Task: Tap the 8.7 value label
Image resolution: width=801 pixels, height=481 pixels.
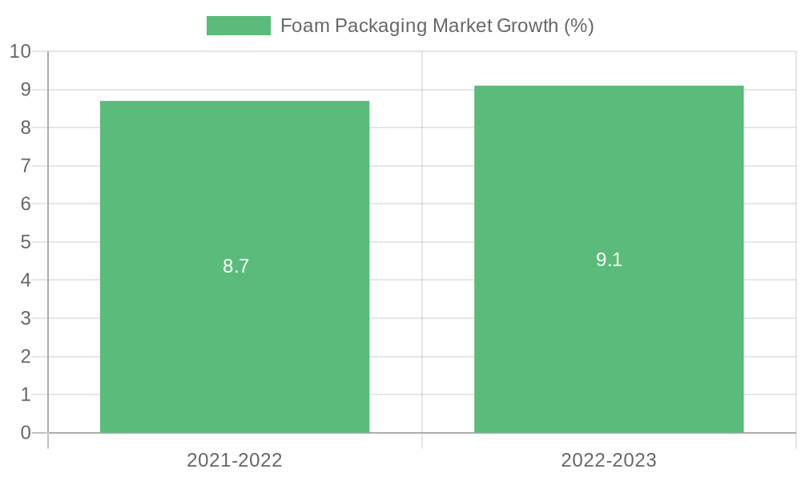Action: pyautogui.click(x=236, y=266)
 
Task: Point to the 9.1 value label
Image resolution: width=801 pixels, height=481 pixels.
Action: pyautogui.click(x=609, y=260)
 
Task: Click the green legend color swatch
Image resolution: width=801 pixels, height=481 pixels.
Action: pyautogui.click(x=238, y=26)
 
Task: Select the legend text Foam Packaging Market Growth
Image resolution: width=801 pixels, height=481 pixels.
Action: pyautogui.click(x=437, y=26)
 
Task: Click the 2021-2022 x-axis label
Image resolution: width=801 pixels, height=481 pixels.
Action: pyautogui.click(x=235, y=460)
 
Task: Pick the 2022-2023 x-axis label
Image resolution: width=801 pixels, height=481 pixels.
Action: pyautogui.click(x=609, y=460)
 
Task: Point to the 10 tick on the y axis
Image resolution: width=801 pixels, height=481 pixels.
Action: pyautogui.click(x=20, y=51)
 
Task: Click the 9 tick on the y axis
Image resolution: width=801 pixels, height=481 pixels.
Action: pyautogui.click(x=26, y=90)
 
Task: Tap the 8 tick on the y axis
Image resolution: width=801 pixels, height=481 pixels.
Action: pyautogui.click(x=26, y=127)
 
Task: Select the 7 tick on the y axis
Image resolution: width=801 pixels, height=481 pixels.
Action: pyautogui.click(x=26, y=166)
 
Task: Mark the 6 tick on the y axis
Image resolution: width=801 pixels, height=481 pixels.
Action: pyautogui.click(x=26, y=204)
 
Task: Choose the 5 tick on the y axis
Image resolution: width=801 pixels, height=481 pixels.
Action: pyautogui.click(x=26, y=242)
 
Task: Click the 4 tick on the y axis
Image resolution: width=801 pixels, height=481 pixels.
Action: pyautogui.click(x=26, y=280)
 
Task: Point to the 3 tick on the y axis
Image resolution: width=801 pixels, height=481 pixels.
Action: pyautogui.click(x=26, y=318)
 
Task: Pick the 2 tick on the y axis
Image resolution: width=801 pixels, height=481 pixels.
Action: pyautogui.click(x=26, y=356)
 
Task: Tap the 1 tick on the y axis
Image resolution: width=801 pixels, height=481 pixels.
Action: pyautogui.click(x=26, y=394)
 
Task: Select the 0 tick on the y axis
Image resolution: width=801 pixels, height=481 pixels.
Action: pyautogui.click(x=26, y=433)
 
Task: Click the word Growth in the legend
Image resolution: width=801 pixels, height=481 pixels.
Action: pyautogui.click(x=527, y=26)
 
